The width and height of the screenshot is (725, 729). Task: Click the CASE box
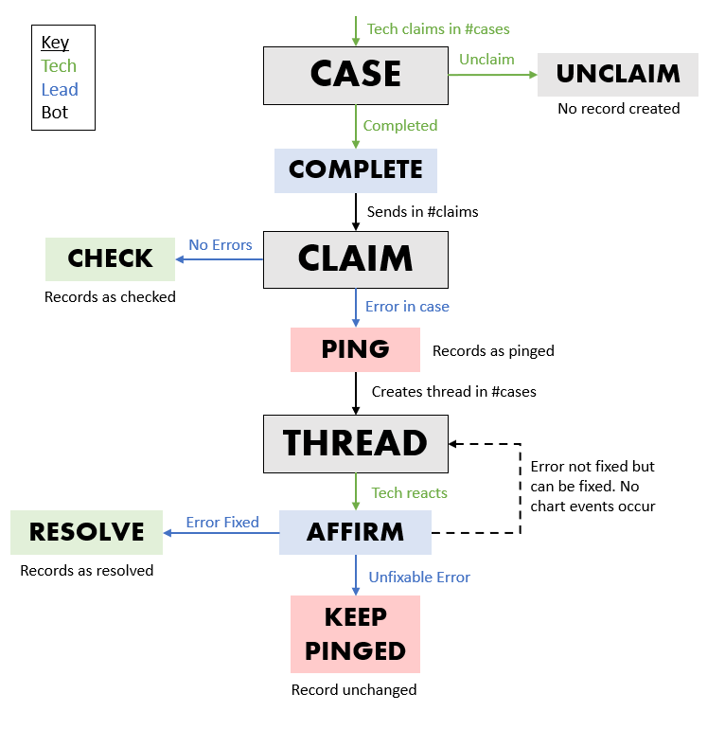[x=356, y=75]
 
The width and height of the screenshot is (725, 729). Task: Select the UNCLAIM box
[x=618, y=75]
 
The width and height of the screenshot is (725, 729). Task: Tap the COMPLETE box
[x=356, y=170]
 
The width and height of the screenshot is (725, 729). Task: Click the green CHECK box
[x=111, y=258]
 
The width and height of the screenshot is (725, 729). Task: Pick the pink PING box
[x=355, y=349]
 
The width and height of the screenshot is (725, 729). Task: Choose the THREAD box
[x=356, y=443]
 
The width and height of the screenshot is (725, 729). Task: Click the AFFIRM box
[x=355, y=532]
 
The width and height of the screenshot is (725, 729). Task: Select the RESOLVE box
[x=87, y=532]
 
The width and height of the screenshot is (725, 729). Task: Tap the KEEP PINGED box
[x=355, y=634]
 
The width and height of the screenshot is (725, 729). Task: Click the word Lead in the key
[x=60, y=90]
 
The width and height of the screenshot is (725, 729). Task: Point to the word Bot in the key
[x=55, y=113]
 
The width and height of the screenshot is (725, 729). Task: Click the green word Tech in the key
[x=59, y=66]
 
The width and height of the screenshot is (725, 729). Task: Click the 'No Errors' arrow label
[x=221, y=245]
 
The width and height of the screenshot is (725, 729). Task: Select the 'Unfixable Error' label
[x=419, y=578]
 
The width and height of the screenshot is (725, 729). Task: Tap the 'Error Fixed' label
[x=222, y=523]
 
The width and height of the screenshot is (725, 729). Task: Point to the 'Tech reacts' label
[x=409, y=493]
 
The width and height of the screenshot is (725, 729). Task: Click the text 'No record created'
[x=618, y=109]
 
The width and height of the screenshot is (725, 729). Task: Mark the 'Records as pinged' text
[x=493, y=351]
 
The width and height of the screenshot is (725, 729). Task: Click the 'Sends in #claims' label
[x=422, y=212]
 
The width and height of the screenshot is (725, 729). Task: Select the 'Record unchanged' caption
[x=354, y=690]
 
